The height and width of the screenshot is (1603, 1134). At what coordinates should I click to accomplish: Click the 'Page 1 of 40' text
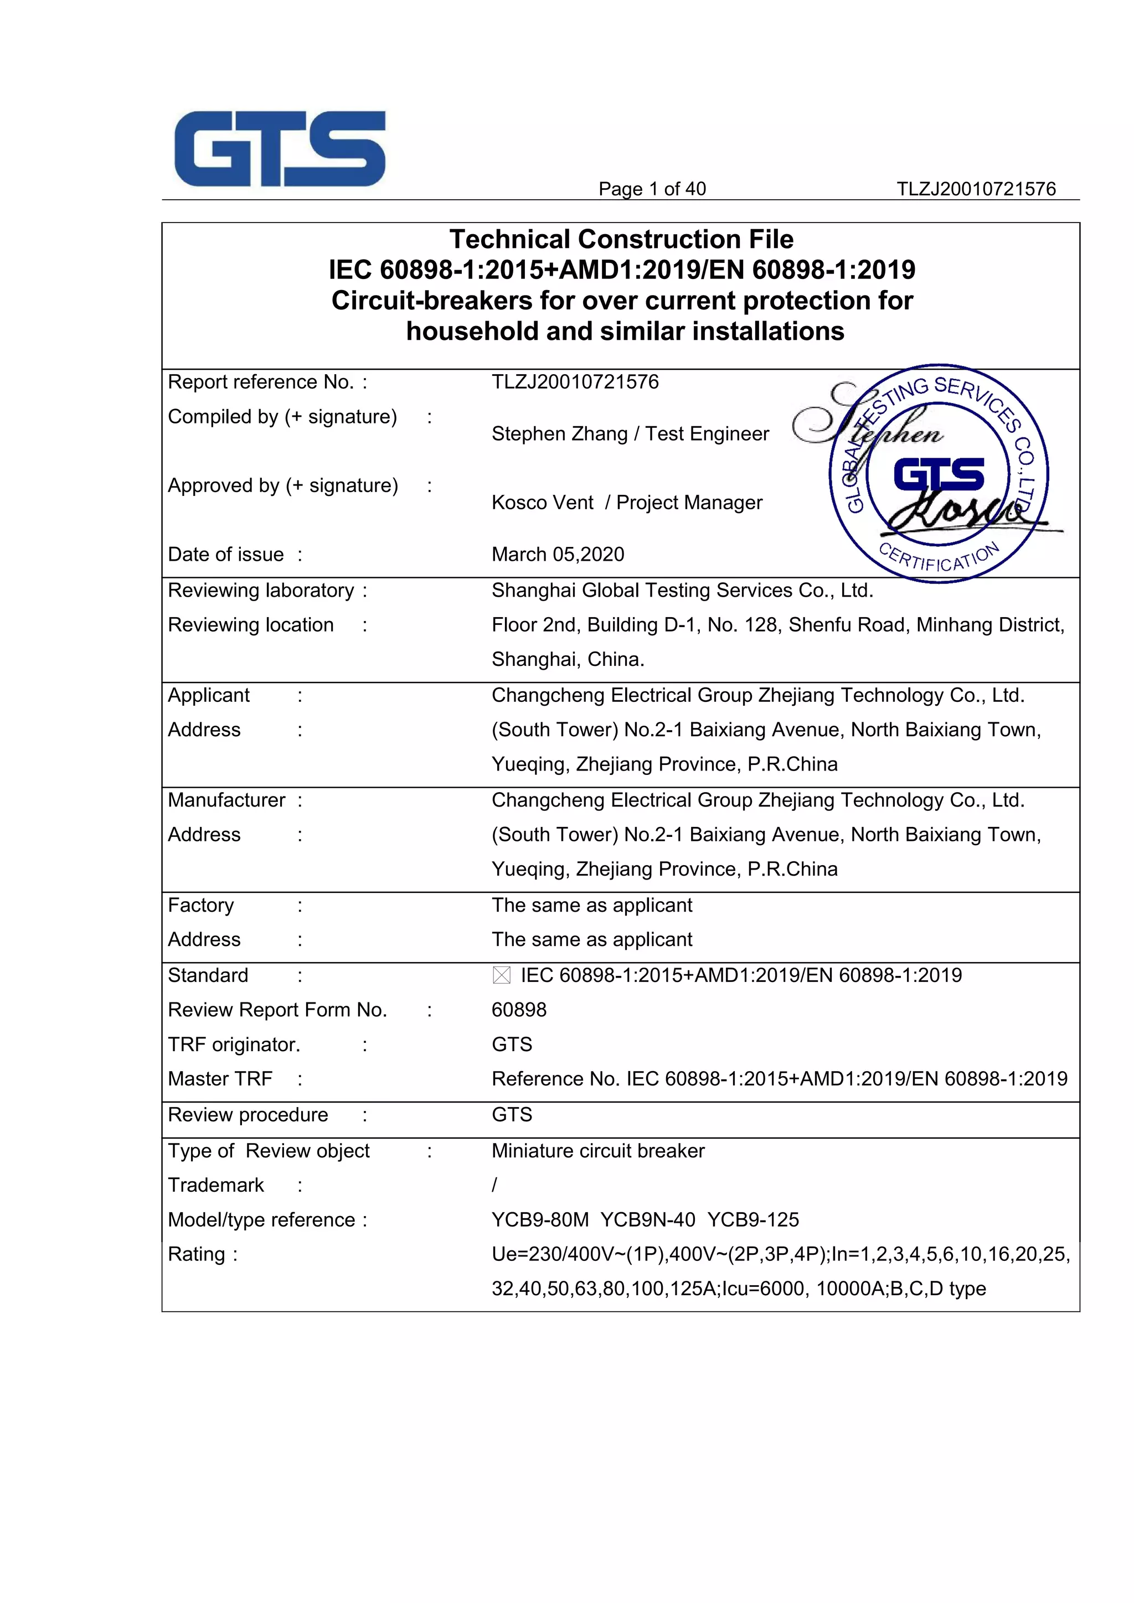pos(652,189)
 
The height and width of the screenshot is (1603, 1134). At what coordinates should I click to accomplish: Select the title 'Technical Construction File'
pos(621,240)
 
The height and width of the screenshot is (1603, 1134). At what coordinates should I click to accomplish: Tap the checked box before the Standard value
pos(501,975)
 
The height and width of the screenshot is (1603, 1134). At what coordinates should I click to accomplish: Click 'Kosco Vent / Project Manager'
pos(626,503)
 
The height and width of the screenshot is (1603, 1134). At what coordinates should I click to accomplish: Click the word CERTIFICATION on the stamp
pos(939,559)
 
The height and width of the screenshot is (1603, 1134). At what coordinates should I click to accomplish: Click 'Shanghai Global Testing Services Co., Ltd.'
pos(682,591)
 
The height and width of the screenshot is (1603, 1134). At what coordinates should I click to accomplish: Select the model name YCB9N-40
pos(647,1220)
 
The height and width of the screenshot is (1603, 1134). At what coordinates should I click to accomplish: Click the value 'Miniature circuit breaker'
pos(597,1151)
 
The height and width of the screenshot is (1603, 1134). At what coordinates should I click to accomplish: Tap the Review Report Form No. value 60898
pos(519,1010)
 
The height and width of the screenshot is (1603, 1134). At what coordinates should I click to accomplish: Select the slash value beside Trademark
pos(494,1186)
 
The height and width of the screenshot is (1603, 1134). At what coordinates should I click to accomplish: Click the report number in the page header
pos(976,189)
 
